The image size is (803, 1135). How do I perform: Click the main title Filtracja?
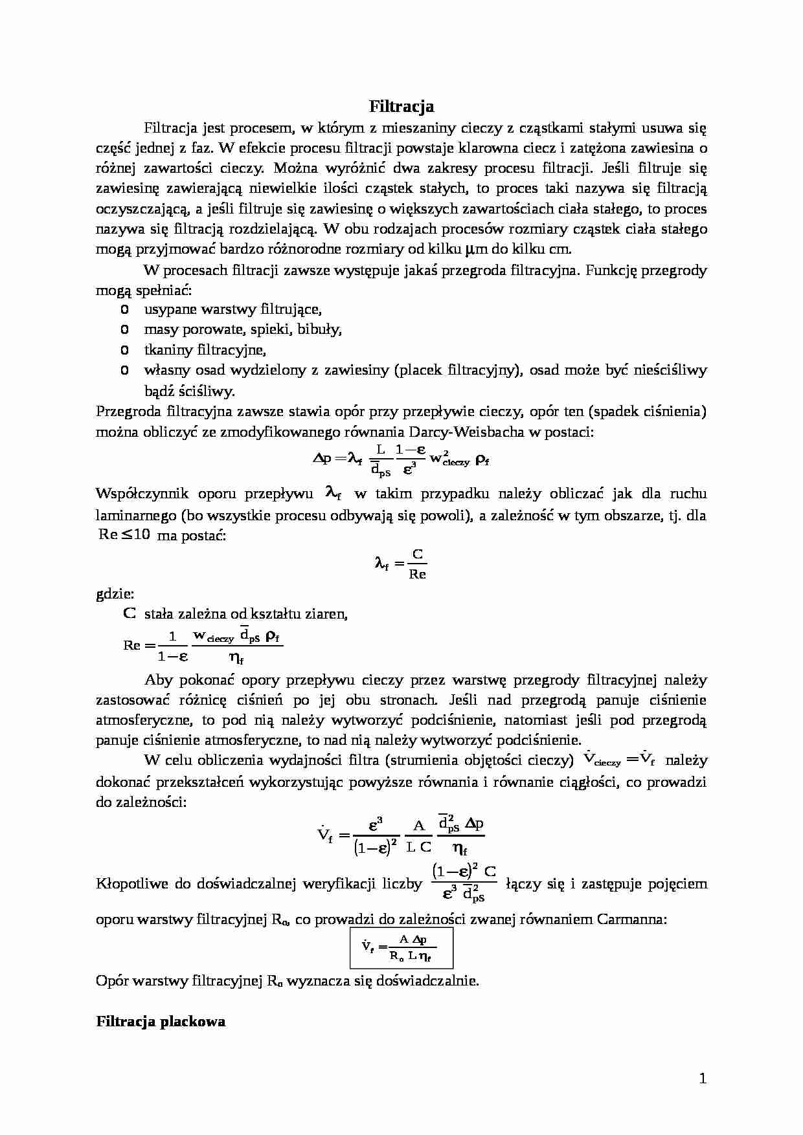[x=401, y=106]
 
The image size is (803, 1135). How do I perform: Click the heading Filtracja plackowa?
[x=161, y=1022]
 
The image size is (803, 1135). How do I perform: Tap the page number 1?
[x=703, y=1078]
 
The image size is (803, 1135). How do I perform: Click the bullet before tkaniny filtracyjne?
[x=124, y=349]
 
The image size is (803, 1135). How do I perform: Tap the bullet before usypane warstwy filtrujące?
[x=124, y=309]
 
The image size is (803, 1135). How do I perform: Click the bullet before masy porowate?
[x=124, y=329]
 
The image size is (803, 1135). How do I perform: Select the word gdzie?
[x=115, y=593]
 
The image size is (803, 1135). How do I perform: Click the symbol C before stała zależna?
[x=130, y=613]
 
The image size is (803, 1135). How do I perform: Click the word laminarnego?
[x=136, y=516]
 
